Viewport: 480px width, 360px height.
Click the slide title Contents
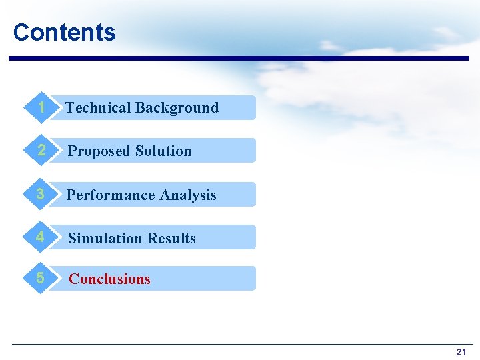[x=64, y=32]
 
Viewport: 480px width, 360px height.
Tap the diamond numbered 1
[x=41, y=107]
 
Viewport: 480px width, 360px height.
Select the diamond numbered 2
[x=41, y=151]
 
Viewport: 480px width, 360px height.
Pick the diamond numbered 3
[x=41, y=194]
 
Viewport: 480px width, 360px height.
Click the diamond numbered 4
[x=41, y=237]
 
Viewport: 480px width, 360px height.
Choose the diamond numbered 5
[x=41, y=278]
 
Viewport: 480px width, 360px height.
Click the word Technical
[x=98, y=108]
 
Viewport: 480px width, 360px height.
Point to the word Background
[x=177, y=108]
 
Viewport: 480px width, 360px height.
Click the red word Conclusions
[x=109, y=279]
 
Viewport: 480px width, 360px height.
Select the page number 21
[x=461, y=351]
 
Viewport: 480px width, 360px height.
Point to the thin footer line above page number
[x=240, y=344]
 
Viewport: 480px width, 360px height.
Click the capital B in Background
[x=140, y=108]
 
